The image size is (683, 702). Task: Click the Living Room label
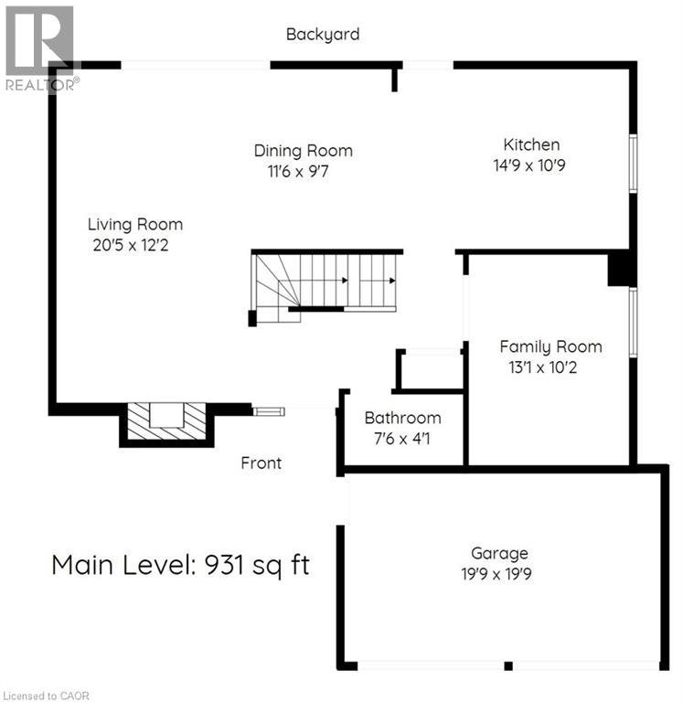click(134, 224)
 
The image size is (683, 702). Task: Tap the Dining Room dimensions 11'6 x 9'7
click(292, 171)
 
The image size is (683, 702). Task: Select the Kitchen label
click(531, 144)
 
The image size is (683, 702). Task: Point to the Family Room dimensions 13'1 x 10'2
click(550, 367)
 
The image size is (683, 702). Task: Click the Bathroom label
click(402, 418)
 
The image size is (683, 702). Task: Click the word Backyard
click(323, 35)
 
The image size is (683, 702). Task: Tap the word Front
click(261, 463)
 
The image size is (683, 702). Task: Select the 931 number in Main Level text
click(222, 565)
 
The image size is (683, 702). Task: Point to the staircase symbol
click(325, 283)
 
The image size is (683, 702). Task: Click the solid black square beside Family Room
click(622, 270)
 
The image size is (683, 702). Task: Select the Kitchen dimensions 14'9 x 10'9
click(531, 165)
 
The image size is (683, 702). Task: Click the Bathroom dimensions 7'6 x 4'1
click(402, 439)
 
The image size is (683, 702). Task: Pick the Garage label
click(499, 553)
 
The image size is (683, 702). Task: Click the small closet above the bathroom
click(430, 370)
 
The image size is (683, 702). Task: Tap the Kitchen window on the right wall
click(633, 165)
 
